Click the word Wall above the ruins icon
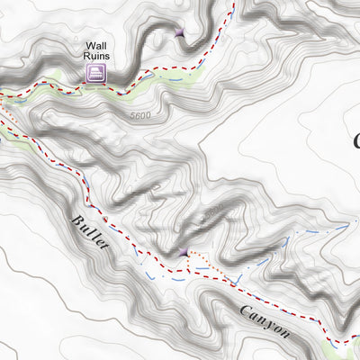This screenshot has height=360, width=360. coord(96,46)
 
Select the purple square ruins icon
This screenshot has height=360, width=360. coord(95,74)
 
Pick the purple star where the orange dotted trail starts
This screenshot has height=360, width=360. coord(185,252)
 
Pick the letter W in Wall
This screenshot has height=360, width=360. coord(89,46)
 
